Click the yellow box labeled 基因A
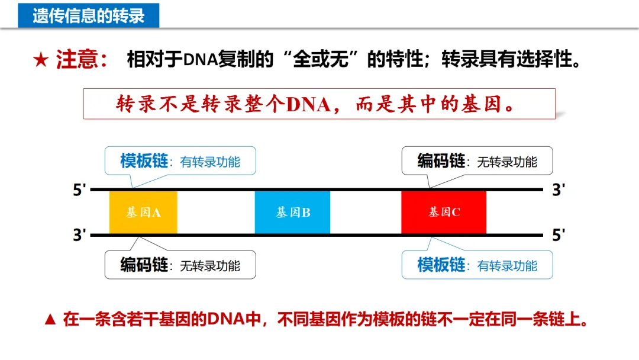click(x=143, y=212)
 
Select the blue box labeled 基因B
click(x=292, y=212)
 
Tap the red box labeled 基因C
click(x=444, y=212)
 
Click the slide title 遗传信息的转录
click(x=89, y=15)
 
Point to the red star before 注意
click(x=41, y=60)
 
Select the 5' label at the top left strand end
click(x=80, y=190)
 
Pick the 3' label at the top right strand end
click(x=559, y=190)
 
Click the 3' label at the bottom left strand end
click(x=80, y=235)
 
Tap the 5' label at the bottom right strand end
click(x=559, y=235)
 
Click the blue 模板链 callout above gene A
click(x=180, y=161)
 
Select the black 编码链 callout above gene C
click(x=477, y=161)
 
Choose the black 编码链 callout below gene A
click(x=180, y=265)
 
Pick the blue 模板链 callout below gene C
click(x=477, y=265)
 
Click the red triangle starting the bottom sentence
click(x=51, y=320)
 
